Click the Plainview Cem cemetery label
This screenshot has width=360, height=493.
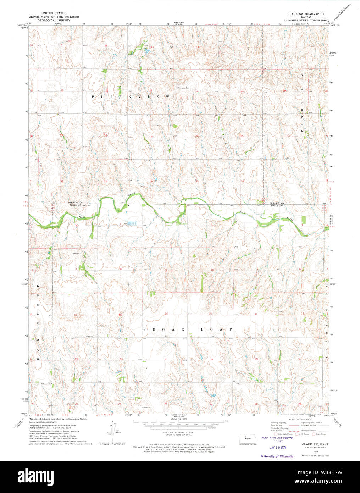click(184, 87)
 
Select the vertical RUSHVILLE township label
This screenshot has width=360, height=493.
click(303, 103)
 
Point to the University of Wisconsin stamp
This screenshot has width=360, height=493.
click(277, 456)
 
